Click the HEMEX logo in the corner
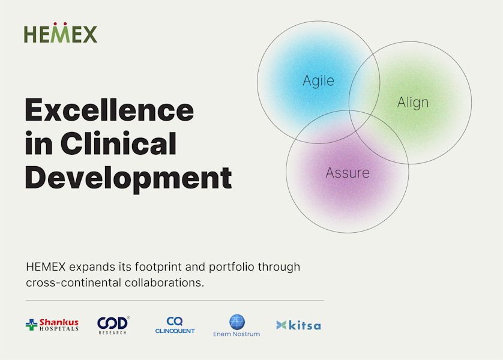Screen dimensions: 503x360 (61, 32)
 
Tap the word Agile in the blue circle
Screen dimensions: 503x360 (319, 81)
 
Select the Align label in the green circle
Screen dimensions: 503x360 (413, 103)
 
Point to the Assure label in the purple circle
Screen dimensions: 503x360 (348, 173)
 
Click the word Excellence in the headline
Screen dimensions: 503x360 (109, 110)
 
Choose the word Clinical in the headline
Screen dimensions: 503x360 (118, 143)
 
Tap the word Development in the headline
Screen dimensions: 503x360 (128, 178)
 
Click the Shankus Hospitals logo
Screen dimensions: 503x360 (52, 325)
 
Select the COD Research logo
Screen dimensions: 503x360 (113, 325)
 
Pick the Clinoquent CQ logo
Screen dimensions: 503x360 (175, 325)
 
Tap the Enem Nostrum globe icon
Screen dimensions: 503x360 (237, 322)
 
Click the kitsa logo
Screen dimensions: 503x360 (298, 325)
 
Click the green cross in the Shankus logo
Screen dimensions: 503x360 (31, 325)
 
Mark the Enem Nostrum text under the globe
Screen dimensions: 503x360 (236, 334)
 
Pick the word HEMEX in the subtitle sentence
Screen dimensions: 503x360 (46, 267)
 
